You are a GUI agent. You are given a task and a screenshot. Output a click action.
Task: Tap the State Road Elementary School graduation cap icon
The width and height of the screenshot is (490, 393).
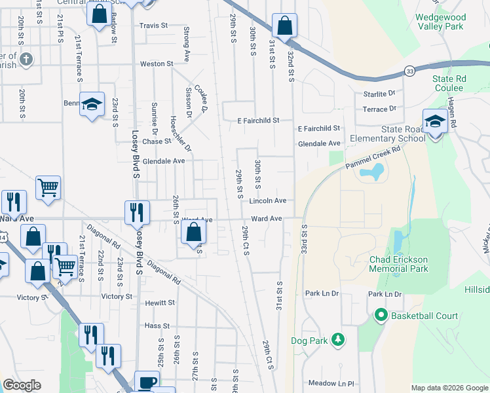(434, 121)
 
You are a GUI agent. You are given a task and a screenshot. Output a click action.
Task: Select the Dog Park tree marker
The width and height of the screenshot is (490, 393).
(337, 340)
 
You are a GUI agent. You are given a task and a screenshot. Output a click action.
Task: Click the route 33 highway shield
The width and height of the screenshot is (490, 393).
(409, 71)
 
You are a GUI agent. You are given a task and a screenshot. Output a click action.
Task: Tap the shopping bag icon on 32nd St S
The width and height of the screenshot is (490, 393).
(284, 27)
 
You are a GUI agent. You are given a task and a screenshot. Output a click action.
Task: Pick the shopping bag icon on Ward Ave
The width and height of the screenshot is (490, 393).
(193, 232)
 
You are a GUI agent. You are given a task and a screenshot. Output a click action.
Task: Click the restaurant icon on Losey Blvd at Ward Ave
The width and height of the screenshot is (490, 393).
(137, 211)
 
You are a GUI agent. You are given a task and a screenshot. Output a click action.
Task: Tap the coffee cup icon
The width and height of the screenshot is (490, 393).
(147, 383)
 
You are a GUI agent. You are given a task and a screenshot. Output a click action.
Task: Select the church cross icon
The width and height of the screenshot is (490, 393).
(26, 60)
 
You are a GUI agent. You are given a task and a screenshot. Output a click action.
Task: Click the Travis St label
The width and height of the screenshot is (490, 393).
(153, 26)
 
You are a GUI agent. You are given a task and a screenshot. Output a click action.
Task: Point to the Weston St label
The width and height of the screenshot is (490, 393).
(157, 64)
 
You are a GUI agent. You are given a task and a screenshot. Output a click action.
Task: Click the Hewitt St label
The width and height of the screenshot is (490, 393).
(160, 303)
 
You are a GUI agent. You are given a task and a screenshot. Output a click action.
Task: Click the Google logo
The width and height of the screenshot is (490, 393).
(22, 384)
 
